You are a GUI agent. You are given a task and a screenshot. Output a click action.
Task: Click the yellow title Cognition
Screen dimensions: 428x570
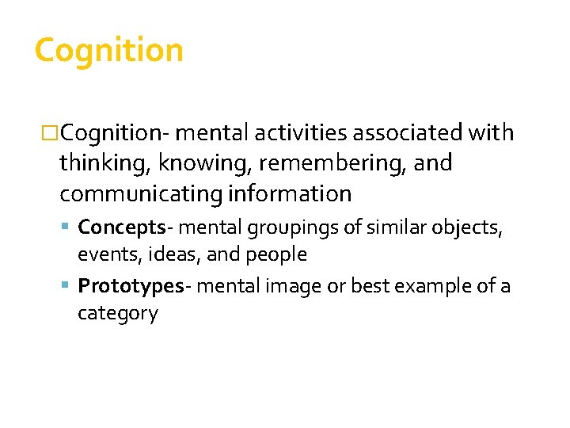coord(109,51)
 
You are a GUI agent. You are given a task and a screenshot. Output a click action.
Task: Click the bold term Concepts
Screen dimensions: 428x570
coord(120,227)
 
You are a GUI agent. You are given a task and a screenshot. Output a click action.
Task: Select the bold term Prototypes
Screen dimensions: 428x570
coord(131,285)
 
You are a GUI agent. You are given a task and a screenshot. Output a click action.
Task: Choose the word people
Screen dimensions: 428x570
coord(277,255)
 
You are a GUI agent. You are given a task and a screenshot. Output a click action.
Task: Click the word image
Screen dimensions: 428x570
coord(287,286)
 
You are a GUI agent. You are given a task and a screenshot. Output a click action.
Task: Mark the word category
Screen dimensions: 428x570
coord(118,314)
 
